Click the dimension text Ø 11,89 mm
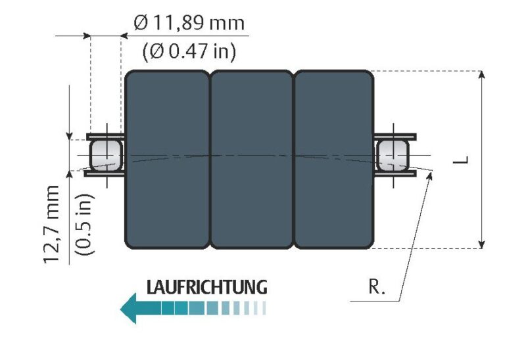coord(188,24)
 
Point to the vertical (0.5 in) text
coord(84,223)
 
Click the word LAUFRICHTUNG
coord(206,287)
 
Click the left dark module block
coord(167,160)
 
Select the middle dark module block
coord(251,160)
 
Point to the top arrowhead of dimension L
coord(483,76)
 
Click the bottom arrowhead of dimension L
coord(483,244)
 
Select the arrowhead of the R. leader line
coord(431,174)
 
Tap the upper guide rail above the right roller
coord(394,137)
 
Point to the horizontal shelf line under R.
coord(375,302)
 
